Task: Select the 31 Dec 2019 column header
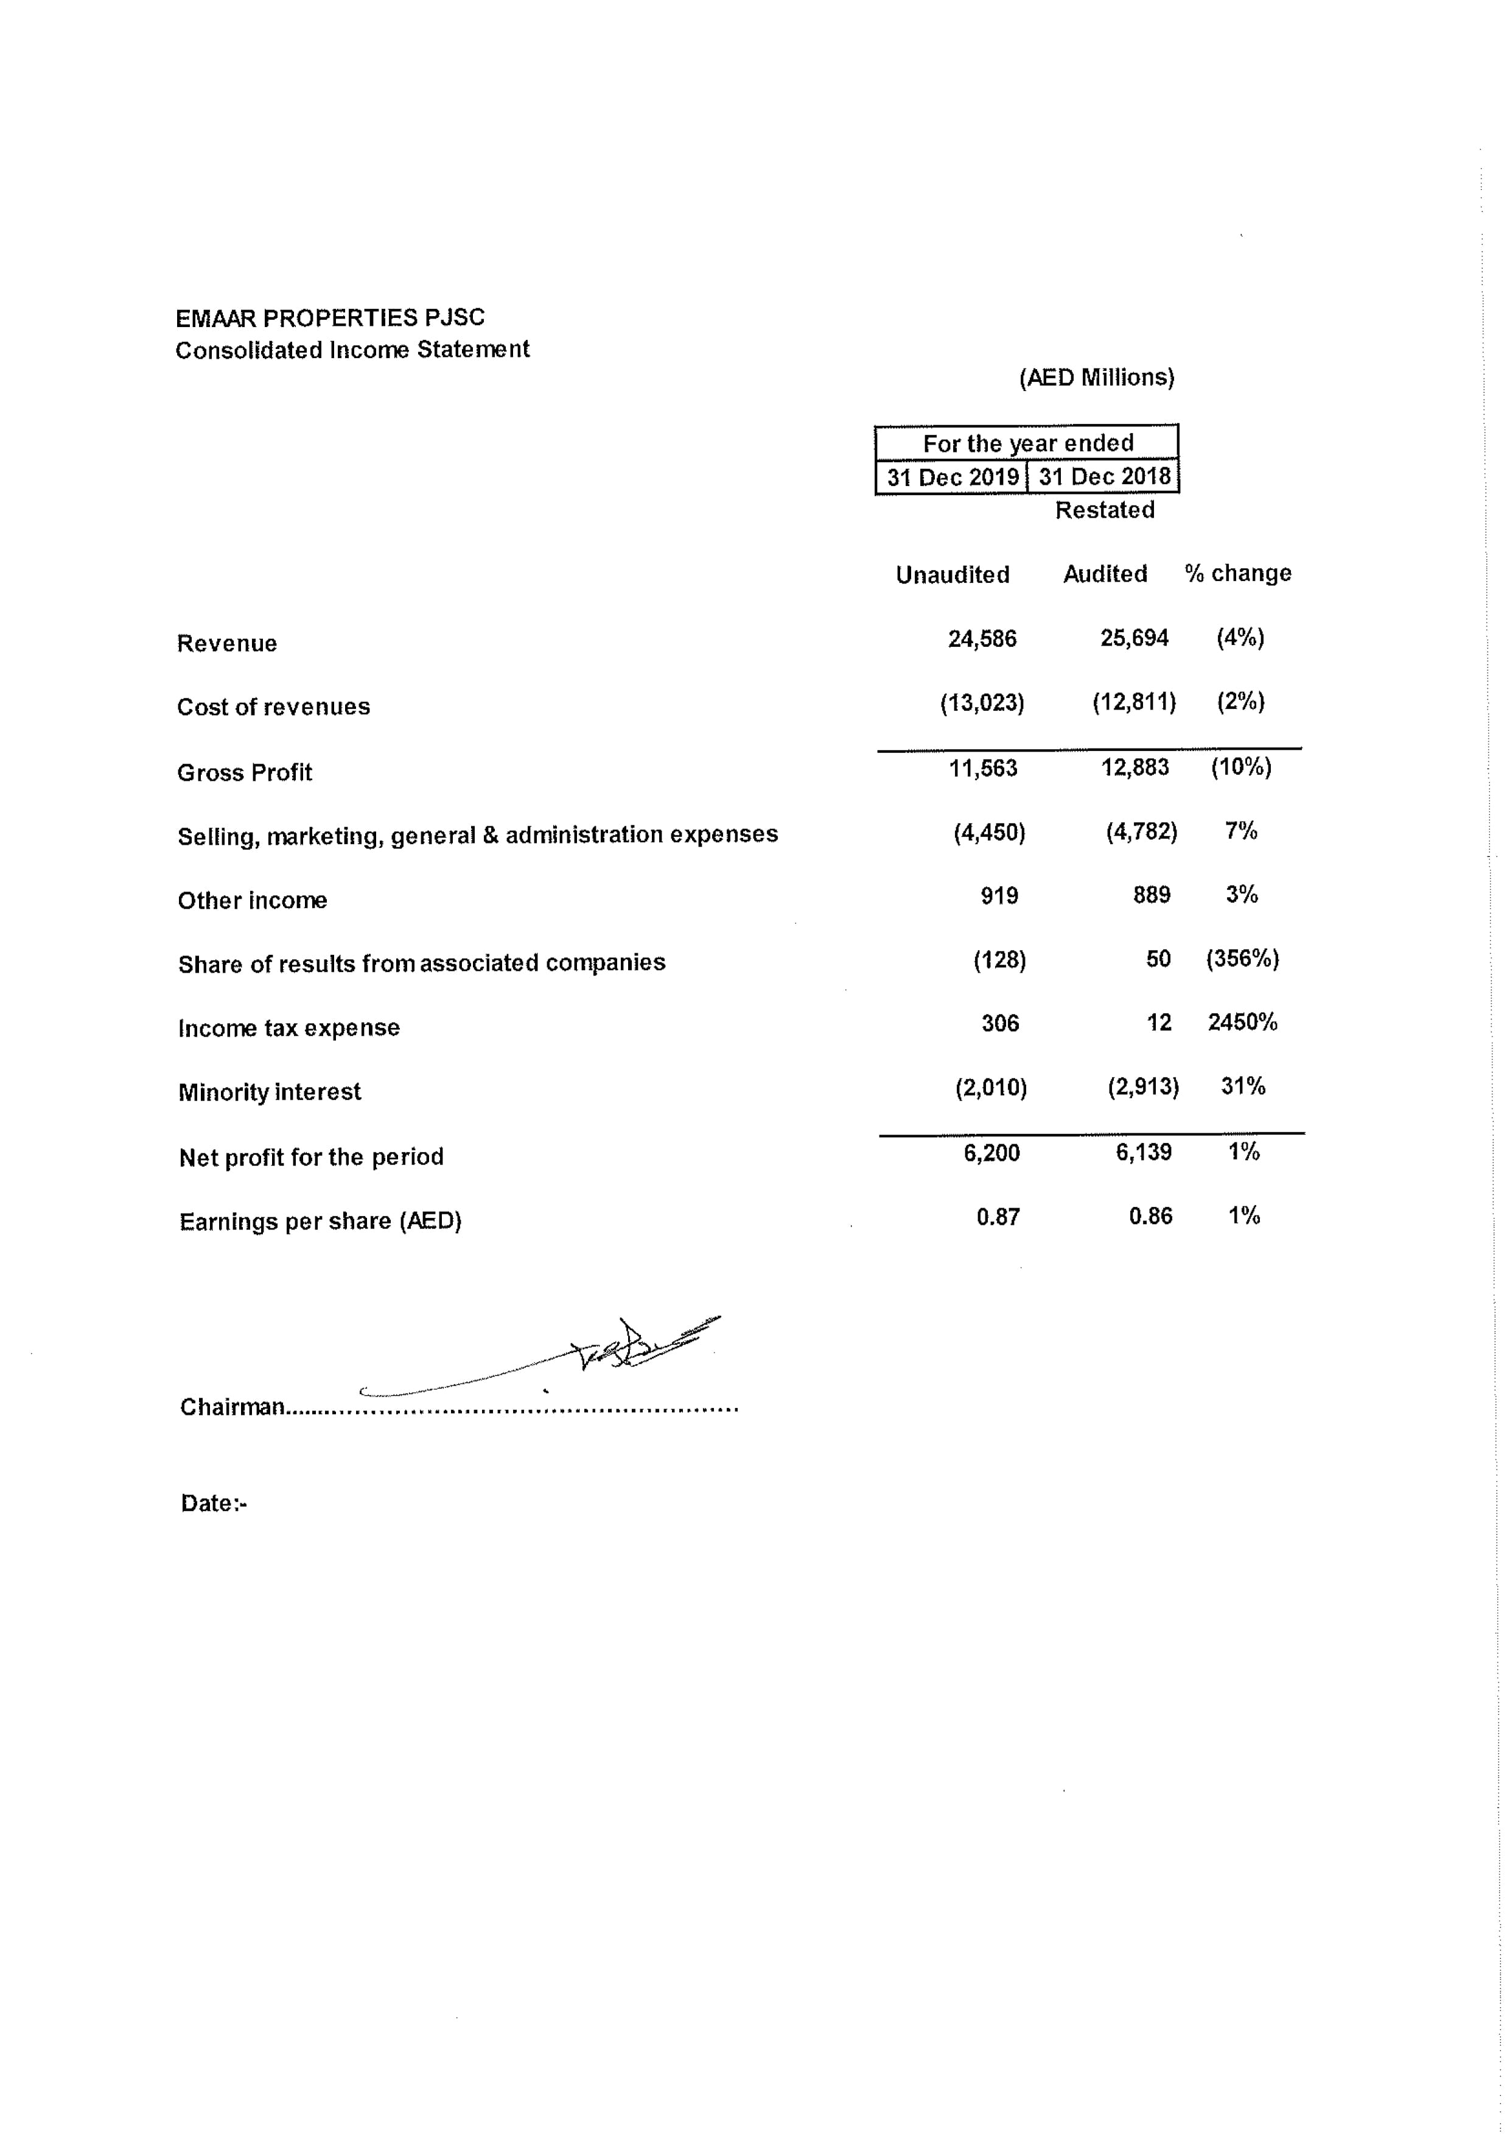[x=952, y=477]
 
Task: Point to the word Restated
[x=1105, y=510]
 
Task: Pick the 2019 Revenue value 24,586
[x=982, y=638]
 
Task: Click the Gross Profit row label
[x=245, y=772]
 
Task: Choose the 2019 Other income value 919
[x=999, y=895]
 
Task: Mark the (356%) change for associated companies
[x=1242, y=959]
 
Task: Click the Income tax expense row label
[x=288, y=1027]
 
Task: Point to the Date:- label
[x=213, y=1503]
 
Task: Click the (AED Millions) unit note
[x=1096, y=377]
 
